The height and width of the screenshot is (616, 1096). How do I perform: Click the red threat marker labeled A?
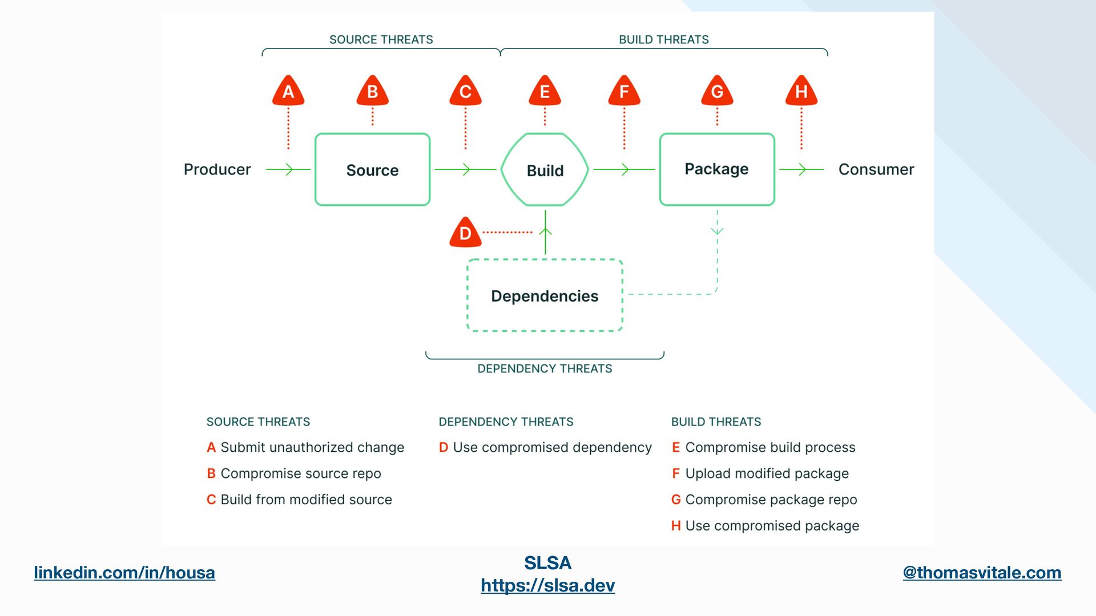(288, 91)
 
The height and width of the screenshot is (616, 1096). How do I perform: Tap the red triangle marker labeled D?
(465, 232)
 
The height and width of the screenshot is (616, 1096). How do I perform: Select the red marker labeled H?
(801, 91)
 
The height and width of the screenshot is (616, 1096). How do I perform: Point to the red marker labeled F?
(624, 91)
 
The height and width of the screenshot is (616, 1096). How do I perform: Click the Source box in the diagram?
(372, 169)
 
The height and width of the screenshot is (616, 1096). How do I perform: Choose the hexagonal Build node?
(545, 169)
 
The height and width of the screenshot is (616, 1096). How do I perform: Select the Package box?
(717, 169)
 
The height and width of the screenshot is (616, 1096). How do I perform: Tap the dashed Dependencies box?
(545, 295)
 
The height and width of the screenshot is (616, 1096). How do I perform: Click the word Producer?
(217, 169)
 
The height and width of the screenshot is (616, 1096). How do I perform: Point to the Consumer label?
(876, 169)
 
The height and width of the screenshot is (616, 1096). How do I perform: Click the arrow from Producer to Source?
(288, 169)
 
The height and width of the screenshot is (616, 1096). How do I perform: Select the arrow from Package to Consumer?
(801, 169)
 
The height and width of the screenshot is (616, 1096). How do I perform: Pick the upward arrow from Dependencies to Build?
(545, 232)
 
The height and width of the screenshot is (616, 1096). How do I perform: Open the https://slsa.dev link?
(548, 585)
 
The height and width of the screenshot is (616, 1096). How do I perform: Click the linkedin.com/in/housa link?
(124, 573)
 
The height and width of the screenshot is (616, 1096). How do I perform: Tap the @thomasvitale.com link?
(982, 573)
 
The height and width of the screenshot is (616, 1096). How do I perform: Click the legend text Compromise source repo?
(301, 473)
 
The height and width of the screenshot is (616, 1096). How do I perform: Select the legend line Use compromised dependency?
(545, 448)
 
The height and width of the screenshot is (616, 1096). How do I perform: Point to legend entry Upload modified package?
(767, 473)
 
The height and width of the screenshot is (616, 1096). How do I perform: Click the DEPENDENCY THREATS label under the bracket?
(545, 369)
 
